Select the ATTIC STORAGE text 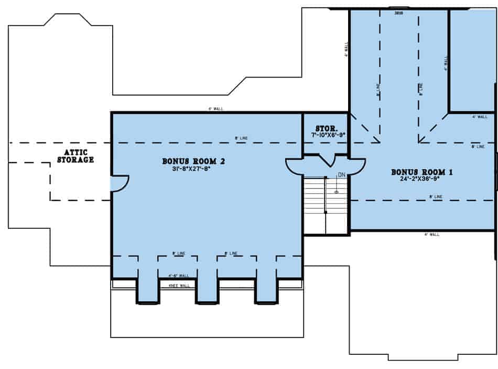click(75, 156)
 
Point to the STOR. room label click(326, 128)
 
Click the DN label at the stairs click(341, 175)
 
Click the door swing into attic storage click(120, 183)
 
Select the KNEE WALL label click(178, 285)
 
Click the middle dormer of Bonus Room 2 click(207, 285)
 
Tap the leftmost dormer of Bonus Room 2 click(148, 285)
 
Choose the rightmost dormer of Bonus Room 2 click(266, 285)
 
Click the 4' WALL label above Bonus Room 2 click(216, 109)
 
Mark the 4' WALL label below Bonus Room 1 click(431, 234)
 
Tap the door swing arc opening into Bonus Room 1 click(356, 166)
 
